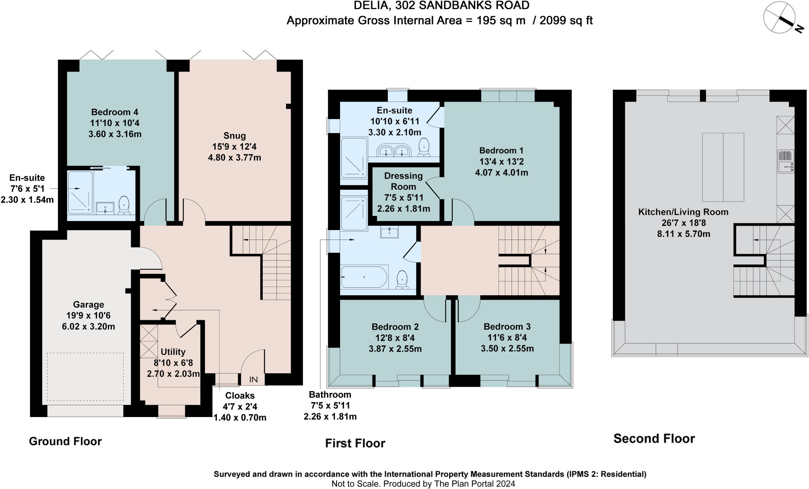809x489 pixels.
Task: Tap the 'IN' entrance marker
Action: (x=253, y=379)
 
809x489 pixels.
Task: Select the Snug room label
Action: (x=235, y=136)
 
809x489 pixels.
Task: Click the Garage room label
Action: (x=88, y=304)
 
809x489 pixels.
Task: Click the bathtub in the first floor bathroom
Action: (x=364, y=277)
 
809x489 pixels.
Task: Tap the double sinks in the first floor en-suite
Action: (x=393, y=151)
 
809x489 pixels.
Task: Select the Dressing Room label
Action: (x=403, y=181)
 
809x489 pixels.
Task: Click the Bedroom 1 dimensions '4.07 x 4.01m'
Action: (x=501, y=172)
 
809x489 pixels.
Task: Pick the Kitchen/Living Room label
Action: (x=683, y=212)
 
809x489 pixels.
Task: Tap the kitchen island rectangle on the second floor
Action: (x=723, y=167)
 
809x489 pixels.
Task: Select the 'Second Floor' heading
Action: (x=654, y=438)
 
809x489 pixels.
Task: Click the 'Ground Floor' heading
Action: (x=65, y=441)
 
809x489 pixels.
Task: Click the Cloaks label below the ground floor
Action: (x=240, y=395)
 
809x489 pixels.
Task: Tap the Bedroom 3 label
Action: (x=507, y=327)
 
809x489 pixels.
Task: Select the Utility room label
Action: (x=173, y=352)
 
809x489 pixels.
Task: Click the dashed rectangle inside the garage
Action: (x=85, y=377)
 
